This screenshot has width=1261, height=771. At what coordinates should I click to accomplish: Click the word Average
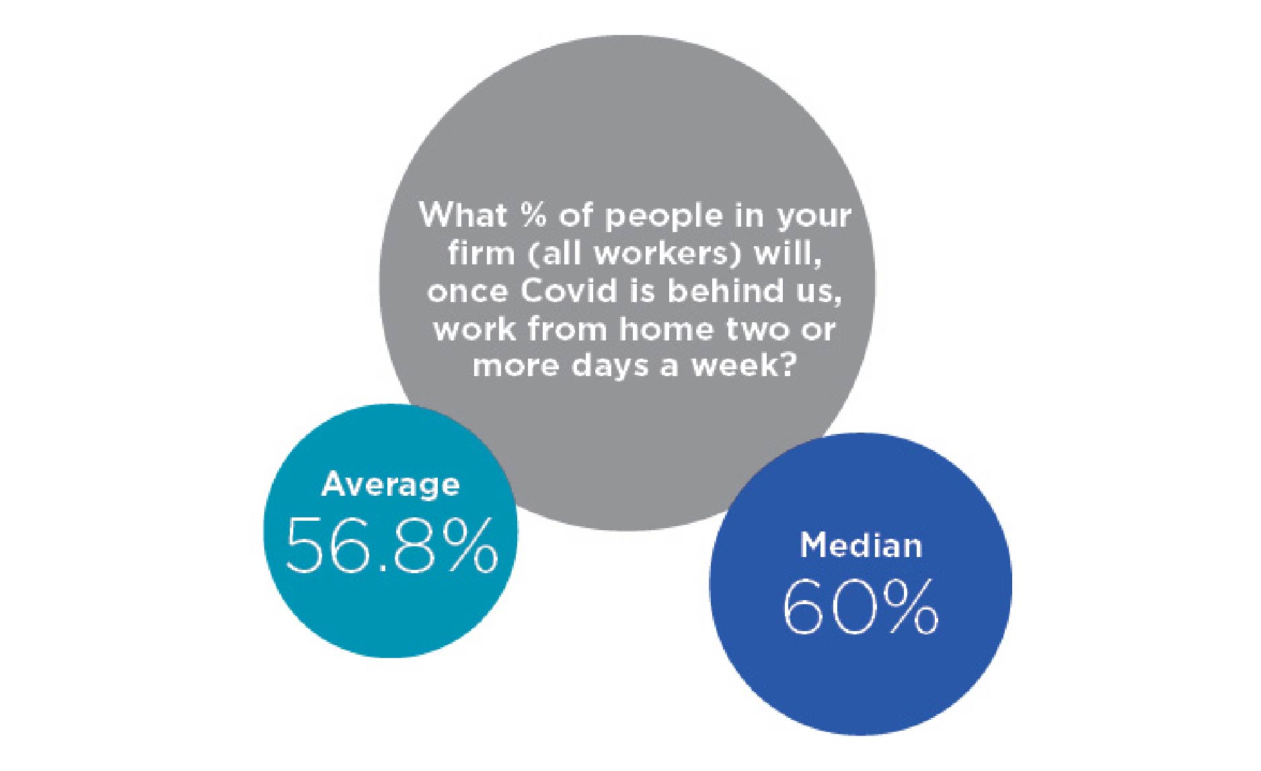point(391,485)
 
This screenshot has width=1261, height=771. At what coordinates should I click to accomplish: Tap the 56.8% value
point(392,546)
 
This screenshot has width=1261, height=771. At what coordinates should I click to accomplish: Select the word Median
point(861,545)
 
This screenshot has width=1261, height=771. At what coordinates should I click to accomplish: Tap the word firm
point(476,254)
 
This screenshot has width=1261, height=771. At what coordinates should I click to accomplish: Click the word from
point(570,329)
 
